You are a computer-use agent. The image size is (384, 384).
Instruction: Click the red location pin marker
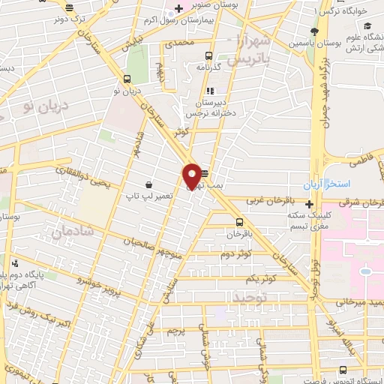[192, 175]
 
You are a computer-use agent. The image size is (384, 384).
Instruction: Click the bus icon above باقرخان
[239, 222]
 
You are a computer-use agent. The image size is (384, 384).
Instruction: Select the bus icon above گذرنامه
[209, 55]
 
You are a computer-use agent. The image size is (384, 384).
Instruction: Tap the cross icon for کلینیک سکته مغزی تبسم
[309, 203]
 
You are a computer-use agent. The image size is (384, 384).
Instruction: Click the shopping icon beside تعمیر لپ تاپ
[150, 184]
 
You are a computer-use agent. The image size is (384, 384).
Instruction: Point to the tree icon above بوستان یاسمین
[315, 30]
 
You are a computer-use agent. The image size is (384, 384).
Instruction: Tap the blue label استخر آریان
[322, 184]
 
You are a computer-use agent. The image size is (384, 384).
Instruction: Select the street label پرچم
[174, 330]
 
